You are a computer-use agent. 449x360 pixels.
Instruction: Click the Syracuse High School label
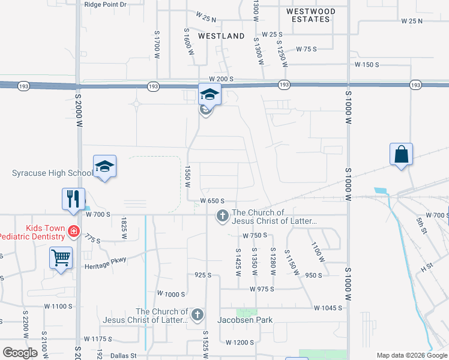tap(52, 173)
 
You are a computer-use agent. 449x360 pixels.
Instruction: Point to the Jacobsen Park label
tap(245, 320)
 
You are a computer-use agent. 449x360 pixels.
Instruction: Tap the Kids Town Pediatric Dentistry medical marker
tap(73, 230)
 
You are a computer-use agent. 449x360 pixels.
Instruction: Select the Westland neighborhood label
tap(221, 36)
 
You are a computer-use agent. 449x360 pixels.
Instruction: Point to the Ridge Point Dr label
tap(106, 4)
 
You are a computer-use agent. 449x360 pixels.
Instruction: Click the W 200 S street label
tap(220, 79)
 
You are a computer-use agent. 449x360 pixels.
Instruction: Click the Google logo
tap(20, 352)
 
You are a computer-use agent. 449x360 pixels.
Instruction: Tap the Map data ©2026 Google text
tap(411, 355)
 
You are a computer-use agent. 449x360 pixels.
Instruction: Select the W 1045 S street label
tap(328, 308)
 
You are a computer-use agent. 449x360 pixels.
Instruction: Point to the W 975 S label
tap(262, 289)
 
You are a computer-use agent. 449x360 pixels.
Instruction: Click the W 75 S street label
tap(306, 49)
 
